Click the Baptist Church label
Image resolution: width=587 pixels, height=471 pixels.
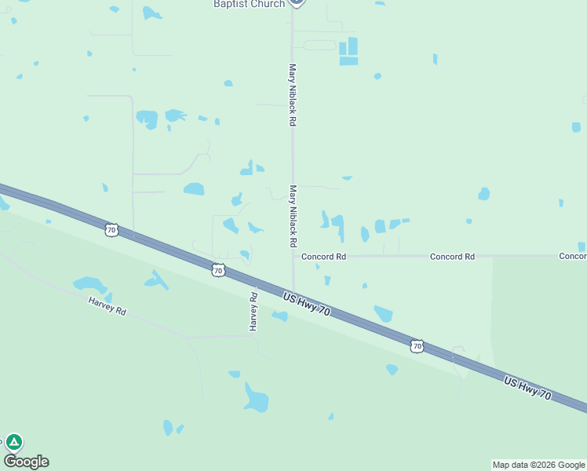click(x=249, y=4)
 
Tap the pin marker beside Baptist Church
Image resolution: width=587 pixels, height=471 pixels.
click(x=296, y=2)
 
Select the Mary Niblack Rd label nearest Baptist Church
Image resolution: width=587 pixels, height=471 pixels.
click(x=293, y=95)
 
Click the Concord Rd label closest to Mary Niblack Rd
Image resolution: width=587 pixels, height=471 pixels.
click(x=324, y=257)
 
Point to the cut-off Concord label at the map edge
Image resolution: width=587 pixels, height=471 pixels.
click(x=573, y=257)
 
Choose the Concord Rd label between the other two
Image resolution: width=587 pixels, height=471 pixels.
click(x=452, y=257)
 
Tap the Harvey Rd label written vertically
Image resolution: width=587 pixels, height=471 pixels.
click(x=254, y=311)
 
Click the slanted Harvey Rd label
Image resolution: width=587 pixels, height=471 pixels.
click(x=107, y=305)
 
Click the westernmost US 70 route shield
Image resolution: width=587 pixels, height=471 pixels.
click(x=111, y=230)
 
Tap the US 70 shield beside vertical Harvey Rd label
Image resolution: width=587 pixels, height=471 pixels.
click(x=218, y=270)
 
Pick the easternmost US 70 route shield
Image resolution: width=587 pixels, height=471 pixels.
click(x=417, y=345)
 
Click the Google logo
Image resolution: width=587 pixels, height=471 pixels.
click(x=26, y=462)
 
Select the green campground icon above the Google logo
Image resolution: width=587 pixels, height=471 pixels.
click(x=14, y=442)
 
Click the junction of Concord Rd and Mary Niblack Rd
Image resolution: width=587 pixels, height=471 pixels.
click(x=293, y=256)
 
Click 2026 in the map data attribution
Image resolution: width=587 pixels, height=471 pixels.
click(x=547, y=465)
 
